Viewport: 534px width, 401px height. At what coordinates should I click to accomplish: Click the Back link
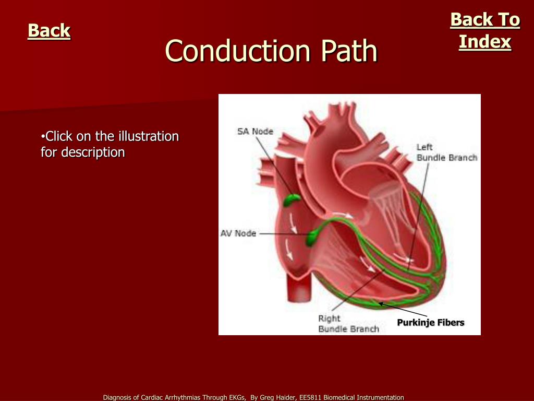[x=49, y=31]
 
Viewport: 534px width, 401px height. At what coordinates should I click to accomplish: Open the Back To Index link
[x=485, y=31]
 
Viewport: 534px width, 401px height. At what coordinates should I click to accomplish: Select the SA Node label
[x=255, y=132]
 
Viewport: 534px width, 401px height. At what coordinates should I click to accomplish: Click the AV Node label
[x=238, y=233]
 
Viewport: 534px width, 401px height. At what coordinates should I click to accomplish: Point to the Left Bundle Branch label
[x=446, y=152]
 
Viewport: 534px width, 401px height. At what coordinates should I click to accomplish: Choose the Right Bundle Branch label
[x=348, y=324]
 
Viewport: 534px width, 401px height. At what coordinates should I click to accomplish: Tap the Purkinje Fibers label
[x=430, y=323]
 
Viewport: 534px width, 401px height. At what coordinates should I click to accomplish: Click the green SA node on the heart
[x=292, y=199]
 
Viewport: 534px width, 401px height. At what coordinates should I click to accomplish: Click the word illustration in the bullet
[x=149, y=137]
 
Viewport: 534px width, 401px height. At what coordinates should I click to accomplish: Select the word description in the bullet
[x=93, y=152]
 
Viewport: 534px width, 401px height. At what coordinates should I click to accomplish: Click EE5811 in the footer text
[x=310, y=398]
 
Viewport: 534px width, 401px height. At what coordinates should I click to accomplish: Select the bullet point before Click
[x=43, y=137]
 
